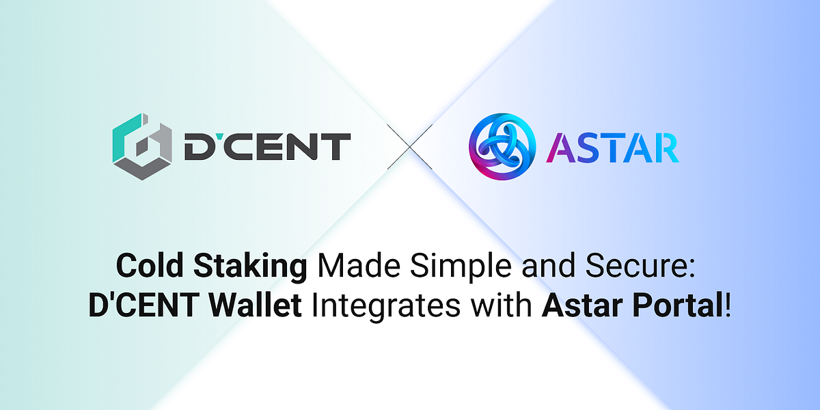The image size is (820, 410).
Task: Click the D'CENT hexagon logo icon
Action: [141, 146]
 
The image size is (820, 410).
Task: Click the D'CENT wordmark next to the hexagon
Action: [266, 147]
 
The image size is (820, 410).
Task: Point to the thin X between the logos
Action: [410, 147]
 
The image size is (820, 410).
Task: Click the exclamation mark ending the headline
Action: [728, 304]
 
